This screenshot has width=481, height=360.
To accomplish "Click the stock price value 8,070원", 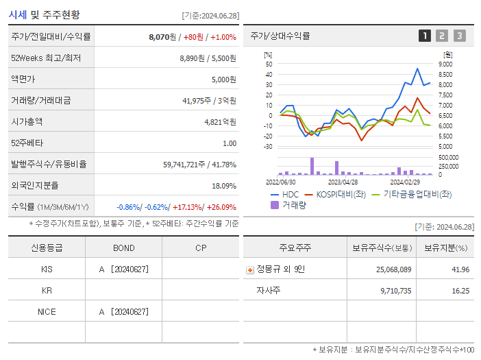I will (162, 36).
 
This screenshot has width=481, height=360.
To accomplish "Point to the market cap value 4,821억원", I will (220, 122).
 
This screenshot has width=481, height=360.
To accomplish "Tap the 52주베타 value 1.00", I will (229, 143).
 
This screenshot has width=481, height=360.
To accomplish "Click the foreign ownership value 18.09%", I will (224, 186).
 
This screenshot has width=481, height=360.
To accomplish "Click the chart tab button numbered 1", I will (425, 36).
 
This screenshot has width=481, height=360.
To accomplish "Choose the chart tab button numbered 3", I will (459, 36).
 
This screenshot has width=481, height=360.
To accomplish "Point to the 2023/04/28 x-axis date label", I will (343, 182).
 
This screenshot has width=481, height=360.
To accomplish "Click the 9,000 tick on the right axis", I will (445, 64).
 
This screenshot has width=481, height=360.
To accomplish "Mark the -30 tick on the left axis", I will (269, 146).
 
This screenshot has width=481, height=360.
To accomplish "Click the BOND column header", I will (123, 248).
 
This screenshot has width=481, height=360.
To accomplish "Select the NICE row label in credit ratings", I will (47, 312).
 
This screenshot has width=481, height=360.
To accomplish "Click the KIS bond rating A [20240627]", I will (123, 269).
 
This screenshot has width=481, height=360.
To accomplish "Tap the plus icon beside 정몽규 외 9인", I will (249, 269).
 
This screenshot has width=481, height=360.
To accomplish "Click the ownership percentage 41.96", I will (460, 269).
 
